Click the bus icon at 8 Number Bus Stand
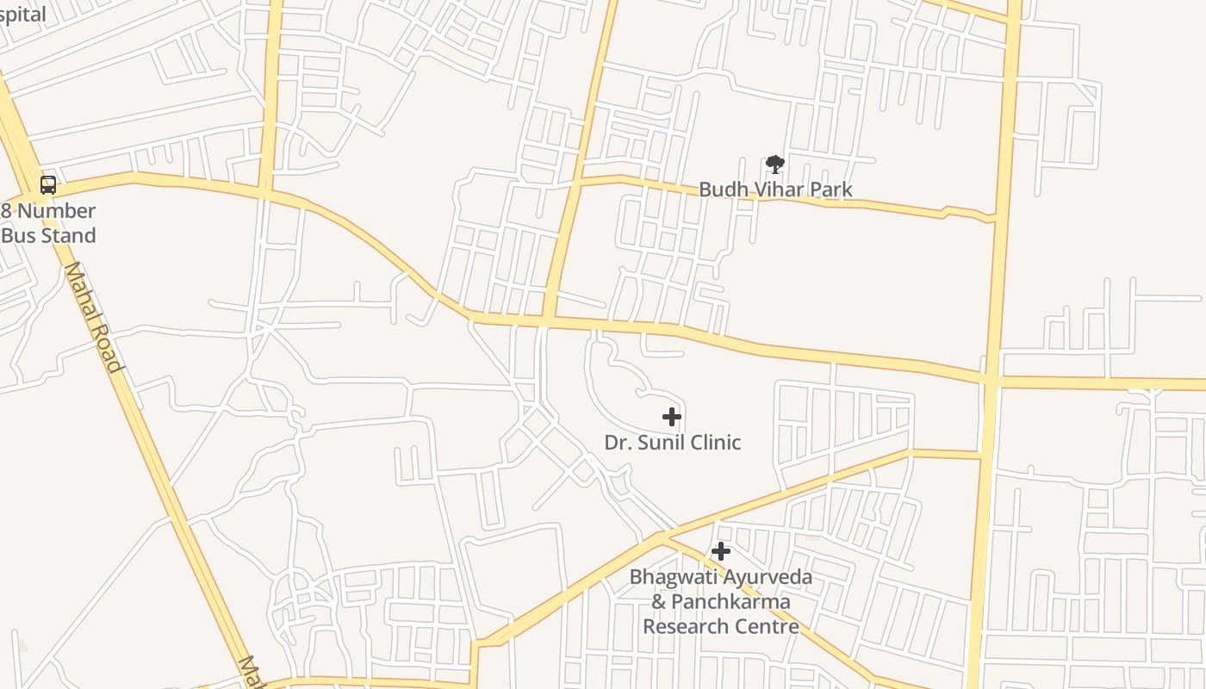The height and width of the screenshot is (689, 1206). [x=48, y=184]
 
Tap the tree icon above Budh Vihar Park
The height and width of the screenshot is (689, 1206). [x=774, y=164]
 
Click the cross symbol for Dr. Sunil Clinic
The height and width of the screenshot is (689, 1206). [x=672, y=418]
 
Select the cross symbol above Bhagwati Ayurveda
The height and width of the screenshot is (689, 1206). [x=721, y=551]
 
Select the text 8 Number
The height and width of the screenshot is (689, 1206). [x=48, y=211]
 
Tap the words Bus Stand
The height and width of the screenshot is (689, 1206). [x=48, y=235]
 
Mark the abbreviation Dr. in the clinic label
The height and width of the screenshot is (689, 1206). [x=617, y=443]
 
